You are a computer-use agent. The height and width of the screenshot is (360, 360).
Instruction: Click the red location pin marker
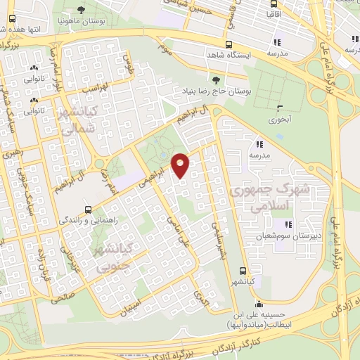click(181, 165)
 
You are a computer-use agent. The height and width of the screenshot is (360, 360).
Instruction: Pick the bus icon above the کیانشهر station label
click(243, 271)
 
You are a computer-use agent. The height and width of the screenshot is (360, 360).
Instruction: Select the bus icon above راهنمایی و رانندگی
click(88, 209)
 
